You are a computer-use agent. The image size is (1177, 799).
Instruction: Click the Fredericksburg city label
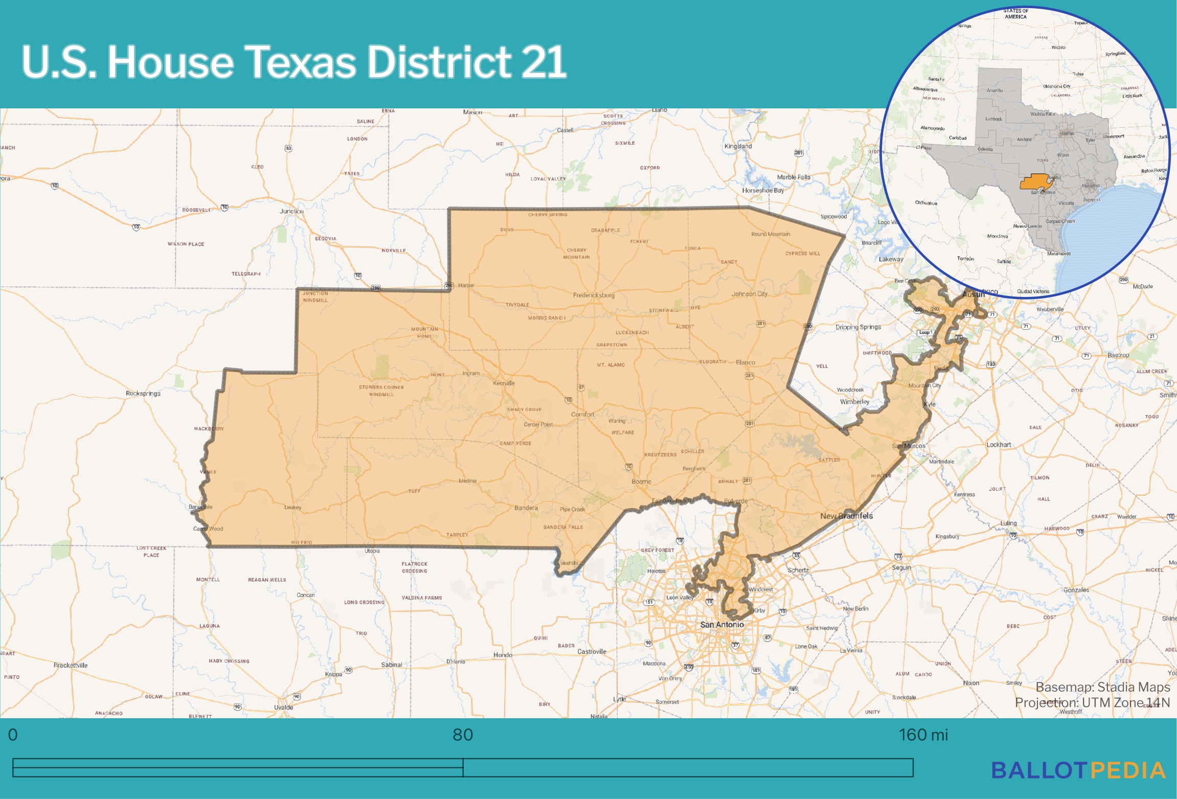point(594,295)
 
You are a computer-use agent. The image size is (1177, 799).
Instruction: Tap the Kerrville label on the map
point(504,383)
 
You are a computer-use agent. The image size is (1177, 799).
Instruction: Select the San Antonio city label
point(721,625)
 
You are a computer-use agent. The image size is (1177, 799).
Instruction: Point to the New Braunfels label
point(846,516)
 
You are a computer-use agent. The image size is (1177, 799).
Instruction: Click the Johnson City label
point(749,294)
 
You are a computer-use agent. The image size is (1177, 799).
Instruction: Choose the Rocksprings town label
point(143,393)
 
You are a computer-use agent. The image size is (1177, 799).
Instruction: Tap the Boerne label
point(641,482)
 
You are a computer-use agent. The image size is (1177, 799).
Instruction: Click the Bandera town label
point(526,508)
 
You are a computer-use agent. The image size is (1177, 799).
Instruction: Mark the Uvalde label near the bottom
point(283,707)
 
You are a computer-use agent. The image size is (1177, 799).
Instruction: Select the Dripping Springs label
point(858,327)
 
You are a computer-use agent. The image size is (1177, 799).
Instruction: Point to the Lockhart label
point(999,445)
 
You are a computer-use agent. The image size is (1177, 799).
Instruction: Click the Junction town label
point(291,211)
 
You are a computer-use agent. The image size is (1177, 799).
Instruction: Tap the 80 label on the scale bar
point(463,735)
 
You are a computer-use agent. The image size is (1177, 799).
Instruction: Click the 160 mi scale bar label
point(923,735)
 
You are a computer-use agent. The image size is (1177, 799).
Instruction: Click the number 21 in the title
point(543,62)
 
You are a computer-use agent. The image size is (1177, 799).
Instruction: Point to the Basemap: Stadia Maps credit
point(1102,687)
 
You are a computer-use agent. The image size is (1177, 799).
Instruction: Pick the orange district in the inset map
point(1034,182)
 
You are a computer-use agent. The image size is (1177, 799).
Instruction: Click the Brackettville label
point(71,665)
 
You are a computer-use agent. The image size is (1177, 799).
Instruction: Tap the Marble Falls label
point(794,177)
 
